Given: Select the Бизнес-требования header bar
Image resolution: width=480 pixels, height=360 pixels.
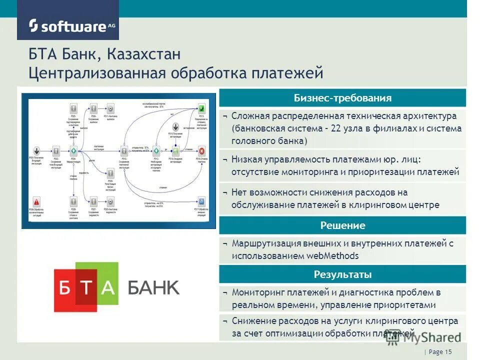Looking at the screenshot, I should (342, 98).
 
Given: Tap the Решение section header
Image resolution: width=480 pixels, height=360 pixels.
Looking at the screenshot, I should (342, 225).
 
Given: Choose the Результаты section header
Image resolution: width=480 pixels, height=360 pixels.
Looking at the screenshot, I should (342, 274).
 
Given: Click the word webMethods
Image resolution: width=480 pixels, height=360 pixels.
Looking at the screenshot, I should (333, 256).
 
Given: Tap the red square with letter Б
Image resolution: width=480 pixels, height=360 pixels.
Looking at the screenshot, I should (65, 287).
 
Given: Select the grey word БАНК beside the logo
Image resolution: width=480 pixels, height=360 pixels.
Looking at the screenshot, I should (153, 287).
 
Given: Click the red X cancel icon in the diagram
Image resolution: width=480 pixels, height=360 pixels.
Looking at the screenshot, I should (201, 151).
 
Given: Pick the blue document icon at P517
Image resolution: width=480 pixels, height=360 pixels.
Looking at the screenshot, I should (201, 201).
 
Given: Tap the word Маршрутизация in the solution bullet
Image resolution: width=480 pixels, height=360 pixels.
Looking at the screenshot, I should (266, 244).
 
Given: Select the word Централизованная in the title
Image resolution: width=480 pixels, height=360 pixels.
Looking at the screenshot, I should (97, 73).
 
